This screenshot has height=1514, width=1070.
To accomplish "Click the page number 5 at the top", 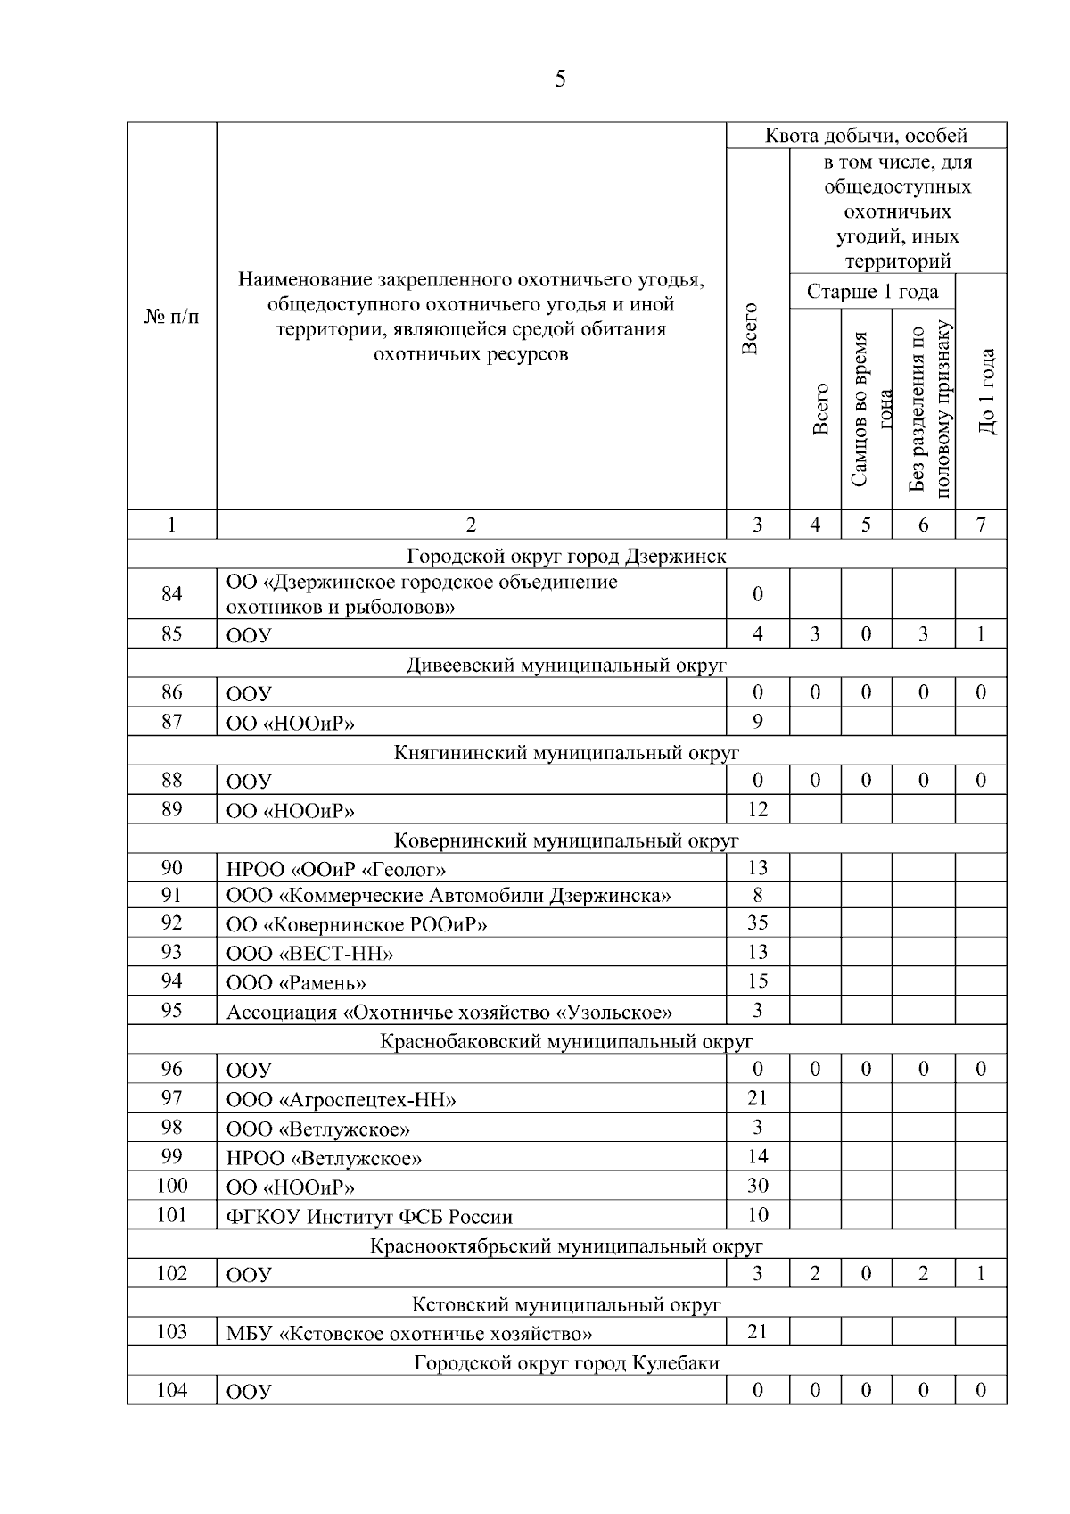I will point(560,80).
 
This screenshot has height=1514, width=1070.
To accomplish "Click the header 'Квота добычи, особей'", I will point(866,136).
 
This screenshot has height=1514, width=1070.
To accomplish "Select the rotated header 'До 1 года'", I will point(986,391).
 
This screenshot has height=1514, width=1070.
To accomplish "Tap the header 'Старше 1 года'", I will point(871,292).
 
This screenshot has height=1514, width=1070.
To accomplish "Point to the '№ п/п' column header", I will point(171,318).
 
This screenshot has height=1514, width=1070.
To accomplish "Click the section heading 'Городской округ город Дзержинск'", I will point(566,557).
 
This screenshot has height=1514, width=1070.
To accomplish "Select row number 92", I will point(171,922).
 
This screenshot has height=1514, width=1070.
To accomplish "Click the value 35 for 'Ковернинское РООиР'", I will point(757,922).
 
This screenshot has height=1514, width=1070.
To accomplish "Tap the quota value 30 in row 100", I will point(757,1186).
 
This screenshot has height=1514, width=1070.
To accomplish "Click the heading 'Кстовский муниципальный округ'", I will point(566,1305).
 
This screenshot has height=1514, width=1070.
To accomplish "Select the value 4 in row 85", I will point(757,634).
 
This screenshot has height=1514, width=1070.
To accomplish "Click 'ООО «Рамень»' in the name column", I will point(296,983).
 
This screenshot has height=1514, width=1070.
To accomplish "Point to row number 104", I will point(171,1390).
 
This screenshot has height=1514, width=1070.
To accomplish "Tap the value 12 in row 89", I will point(757,810).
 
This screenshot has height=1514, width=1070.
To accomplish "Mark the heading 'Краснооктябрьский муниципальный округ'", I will point(566,1246).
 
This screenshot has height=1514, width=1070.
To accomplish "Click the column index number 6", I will point(923,525).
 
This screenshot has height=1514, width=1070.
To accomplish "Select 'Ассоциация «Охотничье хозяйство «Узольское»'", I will point(449,1013).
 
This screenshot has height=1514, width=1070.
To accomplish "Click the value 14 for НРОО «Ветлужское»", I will point(757,1157).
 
